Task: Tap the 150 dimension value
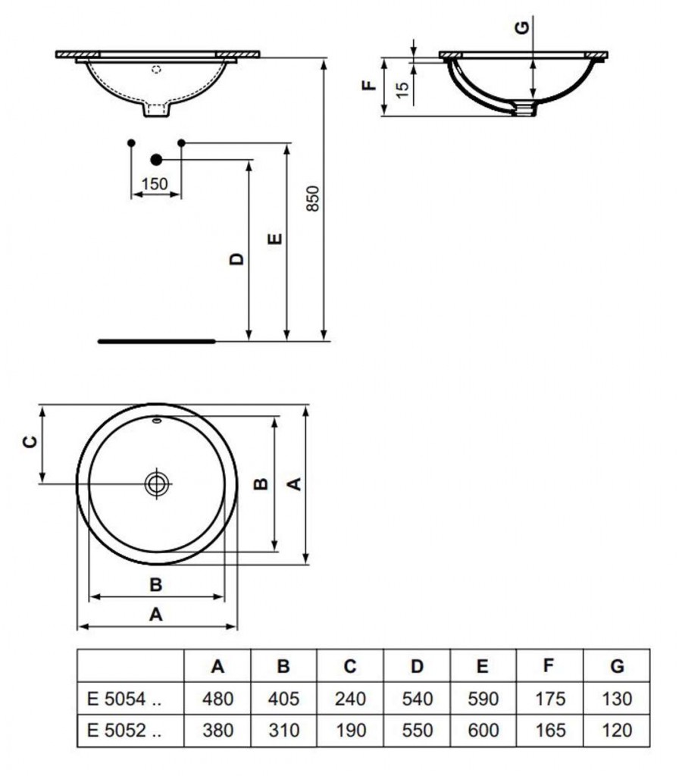[155, 183]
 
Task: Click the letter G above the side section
[521, 28]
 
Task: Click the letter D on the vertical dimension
[237, 259]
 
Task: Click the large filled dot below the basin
[156, 159]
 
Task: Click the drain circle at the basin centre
[157, 483]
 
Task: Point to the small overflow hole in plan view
[156, 421]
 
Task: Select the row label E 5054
[124, 698]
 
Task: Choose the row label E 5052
[124, 731]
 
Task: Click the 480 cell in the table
[217, 698]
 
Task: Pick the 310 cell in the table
[283, 731]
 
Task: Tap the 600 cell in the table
[483, 731]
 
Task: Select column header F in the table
[549, 666]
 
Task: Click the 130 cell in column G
[617, 698]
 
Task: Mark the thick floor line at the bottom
[156, 341]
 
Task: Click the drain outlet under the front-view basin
[157, 111]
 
